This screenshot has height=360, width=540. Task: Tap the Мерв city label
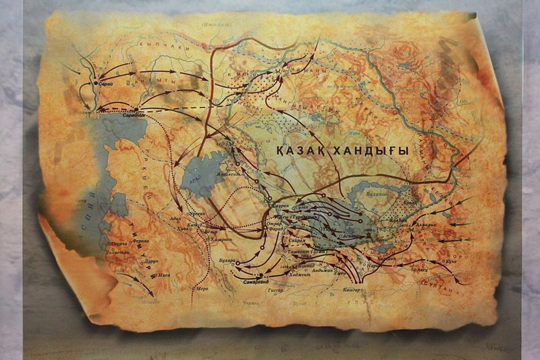click(x=200, y=288)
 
